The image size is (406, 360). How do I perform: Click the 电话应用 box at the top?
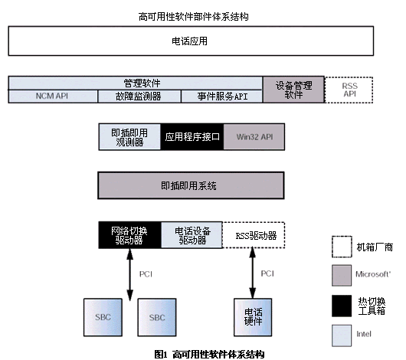tap(191, 41)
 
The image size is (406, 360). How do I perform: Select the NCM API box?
tap(53, 97)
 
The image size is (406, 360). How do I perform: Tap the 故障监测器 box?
tap(139, 97)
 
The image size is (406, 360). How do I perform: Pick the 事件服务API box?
tap(222, 97)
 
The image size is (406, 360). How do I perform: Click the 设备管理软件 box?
tap(293, 90)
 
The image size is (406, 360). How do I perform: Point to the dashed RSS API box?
tap(349, 90)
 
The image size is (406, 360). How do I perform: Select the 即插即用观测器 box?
tap(129, 137)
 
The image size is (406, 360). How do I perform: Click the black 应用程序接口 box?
tap(192, 137)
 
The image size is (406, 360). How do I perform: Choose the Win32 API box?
tap(254, 137)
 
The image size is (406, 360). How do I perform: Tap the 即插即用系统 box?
tap(191, 185)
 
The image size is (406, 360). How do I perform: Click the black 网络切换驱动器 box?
tap(129, 235)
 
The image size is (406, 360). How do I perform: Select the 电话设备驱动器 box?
tap(192, 235)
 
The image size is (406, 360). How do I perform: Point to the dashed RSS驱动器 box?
tap(254, 235)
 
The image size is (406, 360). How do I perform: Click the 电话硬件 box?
tap(253, 317)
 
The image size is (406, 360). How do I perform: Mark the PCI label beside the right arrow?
tap(267, 273)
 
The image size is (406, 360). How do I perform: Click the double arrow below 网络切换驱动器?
tap(129, 274)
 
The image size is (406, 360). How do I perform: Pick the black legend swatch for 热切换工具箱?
tap(342, 306)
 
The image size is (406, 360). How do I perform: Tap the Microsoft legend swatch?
tap(342, 275)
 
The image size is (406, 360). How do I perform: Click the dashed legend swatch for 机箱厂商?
tap(342, 247)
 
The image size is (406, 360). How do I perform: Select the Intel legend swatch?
tap(342, 335)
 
